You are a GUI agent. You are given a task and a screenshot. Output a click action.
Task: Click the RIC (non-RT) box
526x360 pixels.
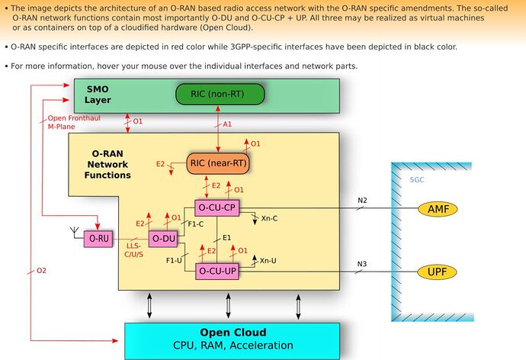(220, 94)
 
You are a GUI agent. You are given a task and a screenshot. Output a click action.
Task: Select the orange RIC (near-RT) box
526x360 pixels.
(218, 163)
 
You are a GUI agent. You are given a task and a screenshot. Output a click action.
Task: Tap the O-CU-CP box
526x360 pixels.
(217, 208)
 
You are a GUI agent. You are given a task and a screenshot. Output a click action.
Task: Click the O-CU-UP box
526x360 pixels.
(217, 271)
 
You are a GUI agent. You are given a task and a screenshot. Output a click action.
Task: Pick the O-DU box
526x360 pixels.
(163, 239)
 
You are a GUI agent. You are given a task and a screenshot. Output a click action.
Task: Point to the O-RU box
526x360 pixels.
(98, 239)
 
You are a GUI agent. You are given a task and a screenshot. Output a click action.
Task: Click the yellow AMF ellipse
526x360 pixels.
(438, 209)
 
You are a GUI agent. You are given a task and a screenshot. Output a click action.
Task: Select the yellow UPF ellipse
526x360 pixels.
(437, 272)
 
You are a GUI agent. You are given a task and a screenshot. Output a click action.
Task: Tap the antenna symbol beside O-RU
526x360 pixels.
(75, 232)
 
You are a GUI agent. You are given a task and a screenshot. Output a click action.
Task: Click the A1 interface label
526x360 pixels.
(227, 124)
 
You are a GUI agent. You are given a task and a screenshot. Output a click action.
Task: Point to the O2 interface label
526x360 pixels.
(41, 271)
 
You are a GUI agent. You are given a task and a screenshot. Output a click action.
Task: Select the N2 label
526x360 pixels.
(362, 201)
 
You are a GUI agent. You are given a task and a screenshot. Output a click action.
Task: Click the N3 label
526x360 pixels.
(362, 264)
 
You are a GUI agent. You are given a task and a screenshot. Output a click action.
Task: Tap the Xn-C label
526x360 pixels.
(269, 218)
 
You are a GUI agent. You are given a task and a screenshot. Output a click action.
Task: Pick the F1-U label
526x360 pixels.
(174, 260)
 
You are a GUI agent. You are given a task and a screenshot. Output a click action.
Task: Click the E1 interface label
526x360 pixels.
(226, 238)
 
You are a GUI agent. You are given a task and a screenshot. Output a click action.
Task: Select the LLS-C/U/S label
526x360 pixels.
(134, 250)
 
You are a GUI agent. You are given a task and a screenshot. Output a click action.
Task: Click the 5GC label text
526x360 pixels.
(417, 180)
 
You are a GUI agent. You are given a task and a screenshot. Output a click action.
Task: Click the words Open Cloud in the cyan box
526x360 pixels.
(233, 333)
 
